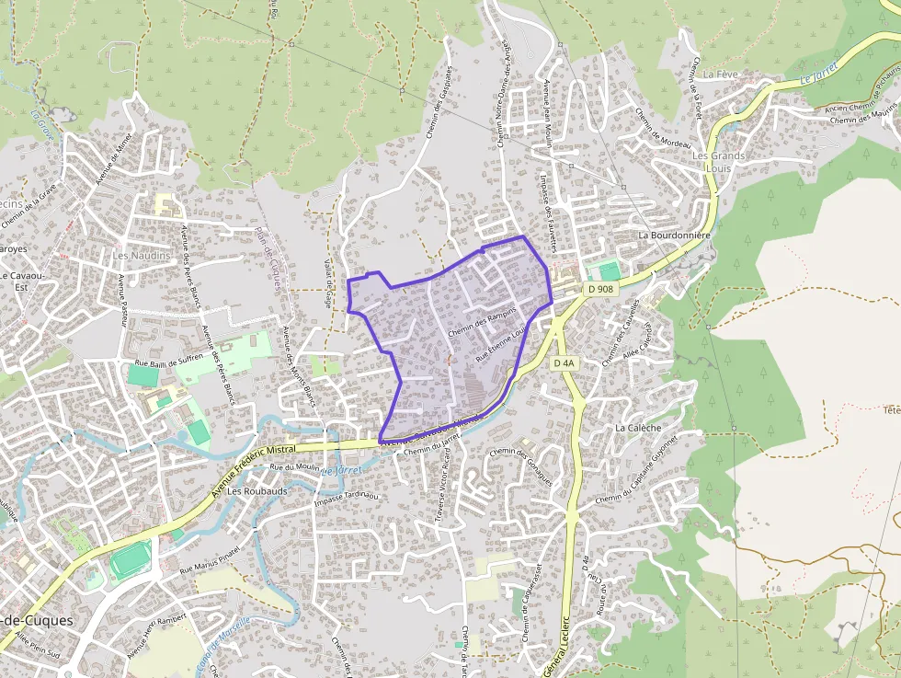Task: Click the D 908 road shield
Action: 599,289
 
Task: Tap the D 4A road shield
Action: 565,363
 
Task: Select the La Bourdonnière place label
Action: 676,236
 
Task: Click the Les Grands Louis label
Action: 718,162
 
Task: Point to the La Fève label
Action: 721,74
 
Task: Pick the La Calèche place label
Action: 638,428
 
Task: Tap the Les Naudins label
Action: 142,255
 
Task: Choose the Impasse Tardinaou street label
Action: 347,498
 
